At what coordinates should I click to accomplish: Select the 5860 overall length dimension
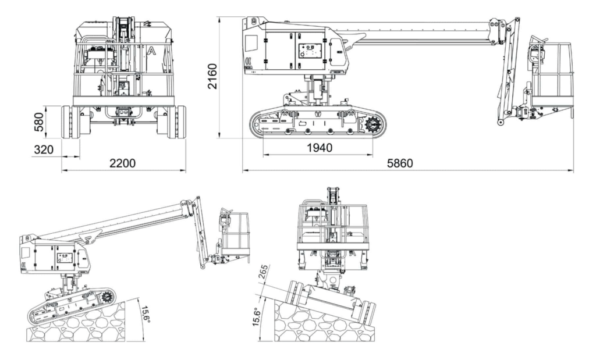pos(400,163)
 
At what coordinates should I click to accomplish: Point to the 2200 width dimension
pos(123,163)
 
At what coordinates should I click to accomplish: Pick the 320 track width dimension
pos(43,149)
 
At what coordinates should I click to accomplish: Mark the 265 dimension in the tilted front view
pos(265,273)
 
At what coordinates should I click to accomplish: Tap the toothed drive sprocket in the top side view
pos(373,124)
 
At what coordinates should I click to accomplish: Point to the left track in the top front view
pos(70,122)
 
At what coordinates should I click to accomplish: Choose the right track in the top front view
pos(176,122)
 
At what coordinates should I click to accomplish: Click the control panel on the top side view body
pos(308,51)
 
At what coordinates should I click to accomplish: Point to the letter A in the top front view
pos(151,51)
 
